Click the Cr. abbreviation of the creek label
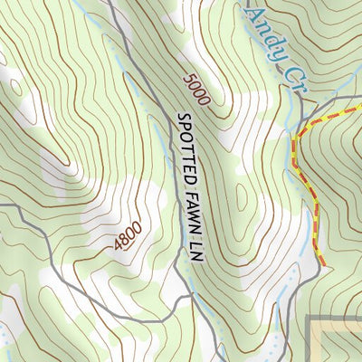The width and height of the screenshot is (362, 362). coord(291,78)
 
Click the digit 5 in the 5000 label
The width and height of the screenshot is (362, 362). coord(188,78)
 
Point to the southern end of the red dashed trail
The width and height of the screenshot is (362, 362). coord(321,262)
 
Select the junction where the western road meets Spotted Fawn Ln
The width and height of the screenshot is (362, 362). coord(189,295)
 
